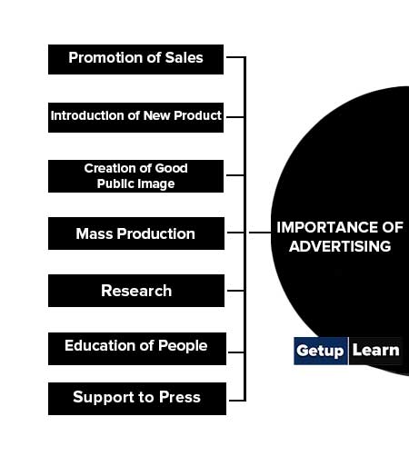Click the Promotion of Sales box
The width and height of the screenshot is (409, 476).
tap(135, 60)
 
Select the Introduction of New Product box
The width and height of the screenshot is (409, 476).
tap(135, 117)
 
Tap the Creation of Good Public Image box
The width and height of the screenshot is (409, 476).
tap(135, 176)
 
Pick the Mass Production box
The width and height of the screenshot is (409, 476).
tap(136, 233)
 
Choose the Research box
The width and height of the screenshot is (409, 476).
tap(136, 291)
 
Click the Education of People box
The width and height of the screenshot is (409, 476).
tap(137, 349)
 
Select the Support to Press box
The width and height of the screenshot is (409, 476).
tap(137, 399)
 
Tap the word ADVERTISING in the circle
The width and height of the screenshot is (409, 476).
tap(340, 246)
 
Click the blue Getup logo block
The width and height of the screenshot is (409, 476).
tap(321, 351)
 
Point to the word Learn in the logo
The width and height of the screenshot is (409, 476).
tap(376, 351)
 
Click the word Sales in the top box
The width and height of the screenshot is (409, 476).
tap(184, 57)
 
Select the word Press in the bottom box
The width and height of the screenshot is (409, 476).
tap(180, 397)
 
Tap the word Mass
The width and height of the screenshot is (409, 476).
tap(95, 233)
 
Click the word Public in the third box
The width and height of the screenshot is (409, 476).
tap(111, 183)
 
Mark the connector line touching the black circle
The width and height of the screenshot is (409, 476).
tap(260, 233)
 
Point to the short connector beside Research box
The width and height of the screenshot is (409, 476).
tap(235, 291)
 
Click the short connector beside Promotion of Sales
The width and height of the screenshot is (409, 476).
tap(235, 57)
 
